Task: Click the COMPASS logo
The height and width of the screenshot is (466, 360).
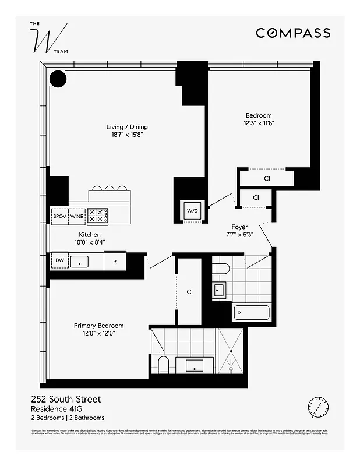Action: (x=293, y=33)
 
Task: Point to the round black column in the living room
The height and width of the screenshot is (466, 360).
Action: (x=58, y=78)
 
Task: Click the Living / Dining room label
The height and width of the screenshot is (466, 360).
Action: (x=126, y=127)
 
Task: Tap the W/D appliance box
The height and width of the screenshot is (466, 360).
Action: (x=192, y=210)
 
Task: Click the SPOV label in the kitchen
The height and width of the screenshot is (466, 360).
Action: (x=60, y=216)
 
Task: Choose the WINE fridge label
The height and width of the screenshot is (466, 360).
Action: (x=77, y=216)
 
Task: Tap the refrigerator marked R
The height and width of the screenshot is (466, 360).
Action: (x=115, y=262)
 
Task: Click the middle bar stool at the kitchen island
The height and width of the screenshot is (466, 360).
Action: (x=111, y=189)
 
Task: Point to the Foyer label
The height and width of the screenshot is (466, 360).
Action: (x=239, y=227)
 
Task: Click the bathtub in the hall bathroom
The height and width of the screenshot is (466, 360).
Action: (x=252, y=313)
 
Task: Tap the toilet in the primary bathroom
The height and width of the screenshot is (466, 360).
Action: (x=164, y=365)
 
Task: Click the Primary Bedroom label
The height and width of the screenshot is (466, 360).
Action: (x=98, y=326)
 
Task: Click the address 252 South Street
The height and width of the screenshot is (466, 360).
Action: (x=65, y=399)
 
